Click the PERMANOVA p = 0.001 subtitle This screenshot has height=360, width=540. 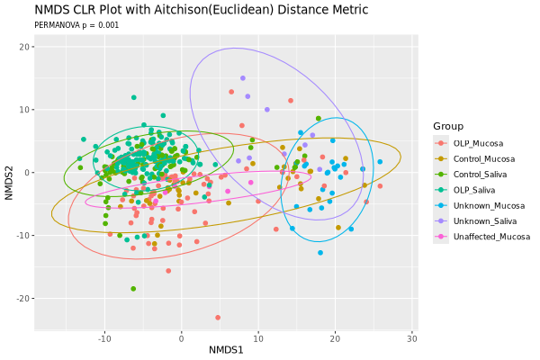coord(76,25)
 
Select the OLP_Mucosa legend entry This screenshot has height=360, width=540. coord(478,143)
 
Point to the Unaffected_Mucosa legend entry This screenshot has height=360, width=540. coord(491,237)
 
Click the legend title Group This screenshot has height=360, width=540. coord(448,125)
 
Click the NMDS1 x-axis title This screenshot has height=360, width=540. coord(225,349)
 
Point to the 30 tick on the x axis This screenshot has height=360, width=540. coord(412,338)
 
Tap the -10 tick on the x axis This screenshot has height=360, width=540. coord(104,338)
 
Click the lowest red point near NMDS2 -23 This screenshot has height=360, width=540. coord(218,317)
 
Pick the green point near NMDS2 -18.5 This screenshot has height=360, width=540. coord(133,289)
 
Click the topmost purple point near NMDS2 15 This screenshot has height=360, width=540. coord(242,78)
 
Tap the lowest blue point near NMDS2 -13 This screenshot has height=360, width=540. coord(319,253)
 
